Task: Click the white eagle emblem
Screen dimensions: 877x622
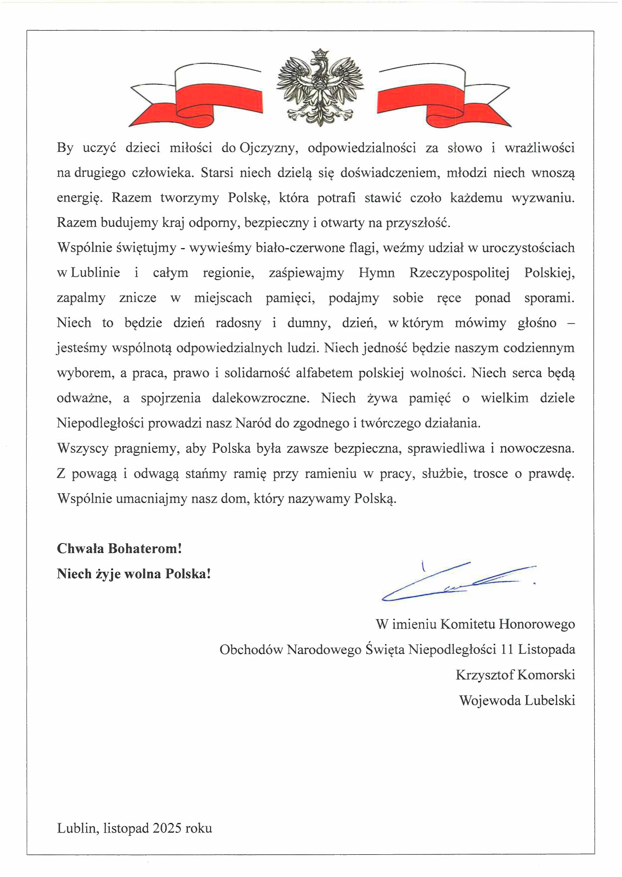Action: click(x=320, y=88)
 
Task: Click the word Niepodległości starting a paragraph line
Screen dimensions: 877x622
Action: click(x=100, y=423)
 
